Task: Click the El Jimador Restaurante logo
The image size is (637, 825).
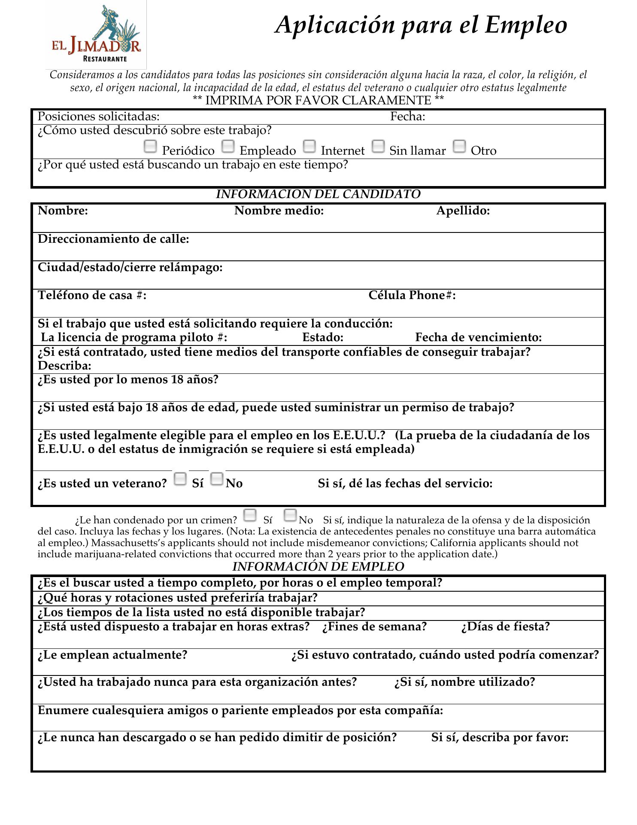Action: click(x=96, y=35)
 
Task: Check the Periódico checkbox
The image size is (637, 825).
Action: click(x=150, y=147)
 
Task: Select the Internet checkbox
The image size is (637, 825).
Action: click(x=309, y=147)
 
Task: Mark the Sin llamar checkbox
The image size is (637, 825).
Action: click(x=378, y=147)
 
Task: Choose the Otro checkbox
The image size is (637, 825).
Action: click(x=459, y=147)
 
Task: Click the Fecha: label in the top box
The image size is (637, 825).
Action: click(x=407, y=117)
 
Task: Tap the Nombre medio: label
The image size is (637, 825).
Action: click(x=279, y=211)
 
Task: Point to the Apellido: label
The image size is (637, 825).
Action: click(x=463, y=211)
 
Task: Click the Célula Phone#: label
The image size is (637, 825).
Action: click(x=412, y=296)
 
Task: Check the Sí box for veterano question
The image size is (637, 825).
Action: click(x=180, y=479)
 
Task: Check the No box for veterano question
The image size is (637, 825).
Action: click(x=217, y=479)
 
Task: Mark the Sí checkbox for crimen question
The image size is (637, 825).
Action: click(x=250, y=515)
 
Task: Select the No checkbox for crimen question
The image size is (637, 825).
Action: click(x=291, y=515)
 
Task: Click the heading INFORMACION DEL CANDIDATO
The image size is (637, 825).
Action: click(x=318, y=194)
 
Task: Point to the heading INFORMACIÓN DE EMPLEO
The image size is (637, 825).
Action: click(x=318, y=567)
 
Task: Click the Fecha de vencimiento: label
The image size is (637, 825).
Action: click(x=478, y=337)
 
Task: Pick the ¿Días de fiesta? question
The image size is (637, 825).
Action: click(x=505, y=627)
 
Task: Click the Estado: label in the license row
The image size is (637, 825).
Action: click(x=323, y=337)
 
